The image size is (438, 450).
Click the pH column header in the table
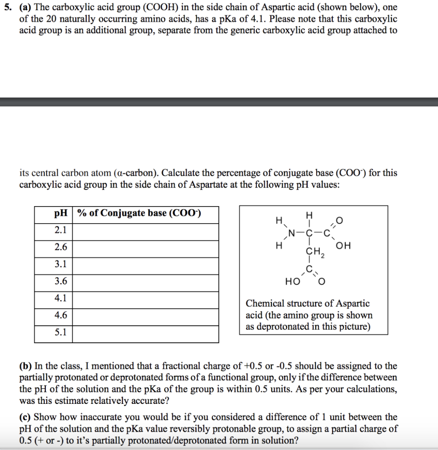tap(61, 214)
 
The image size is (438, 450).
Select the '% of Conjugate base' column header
tap(139, 214)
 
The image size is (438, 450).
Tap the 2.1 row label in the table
tap(61, 231)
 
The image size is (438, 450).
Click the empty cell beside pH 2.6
tap(145, 248)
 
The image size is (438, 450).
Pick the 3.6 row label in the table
tap(61, 282)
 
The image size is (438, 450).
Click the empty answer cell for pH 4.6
tap(145, 316)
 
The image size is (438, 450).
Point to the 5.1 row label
tap(61, 333)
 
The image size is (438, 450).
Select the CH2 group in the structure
tap(314, 253)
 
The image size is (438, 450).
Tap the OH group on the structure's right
tap(344, 246)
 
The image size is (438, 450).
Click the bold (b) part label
tap(25, 366)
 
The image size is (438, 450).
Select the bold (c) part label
tap(25, 417)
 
